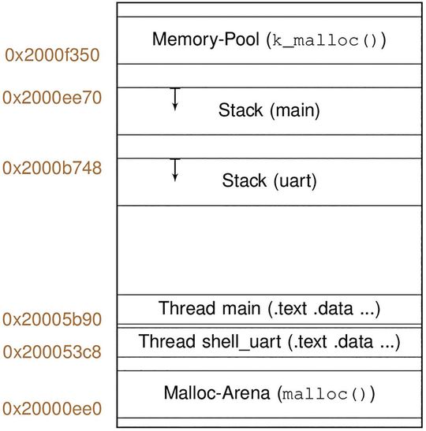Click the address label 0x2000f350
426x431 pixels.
[51, 56]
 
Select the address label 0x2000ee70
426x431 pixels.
[51, 98]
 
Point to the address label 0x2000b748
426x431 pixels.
[51, 168]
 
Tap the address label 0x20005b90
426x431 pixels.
[51, 319]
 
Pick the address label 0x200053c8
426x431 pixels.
[51, 351]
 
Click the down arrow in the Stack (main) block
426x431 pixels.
[175, 99]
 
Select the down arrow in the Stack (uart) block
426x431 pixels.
[175, 170]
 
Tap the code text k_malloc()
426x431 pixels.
[324, 40]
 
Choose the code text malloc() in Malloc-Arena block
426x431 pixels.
[327, 392]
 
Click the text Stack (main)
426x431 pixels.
[269, 110]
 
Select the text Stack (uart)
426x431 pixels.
[269, 181]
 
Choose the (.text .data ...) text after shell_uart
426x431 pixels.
[340, 343]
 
